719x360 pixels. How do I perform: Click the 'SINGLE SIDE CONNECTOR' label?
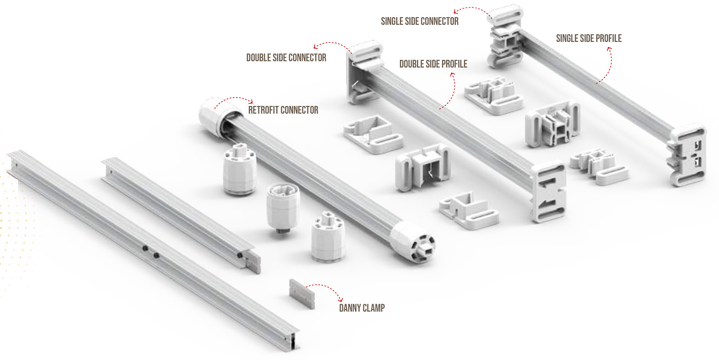tap(419, 21)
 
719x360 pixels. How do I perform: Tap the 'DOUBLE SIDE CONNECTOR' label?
tap(286, 58)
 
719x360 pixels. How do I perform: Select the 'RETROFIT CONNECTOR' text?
tap(283, 110)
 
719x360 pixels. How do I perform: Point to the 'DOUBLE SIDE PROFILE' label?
tap(433, 64)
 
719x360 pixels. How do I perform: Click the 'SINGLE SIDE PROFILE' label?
tap(589, 38)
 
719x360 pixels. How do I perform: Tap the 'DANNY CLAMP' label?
tap(362, 308)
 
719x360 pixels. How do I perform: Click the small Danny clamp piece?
tap(302, 293)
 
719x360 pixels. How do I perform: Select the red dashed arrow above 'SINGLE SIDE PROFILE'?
tap(607, 65)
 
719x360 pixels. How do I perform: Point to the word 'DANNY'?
tap(350, 308)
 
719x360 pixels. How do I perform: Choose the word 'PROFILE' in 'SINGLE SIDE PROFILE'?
tap(607, 38)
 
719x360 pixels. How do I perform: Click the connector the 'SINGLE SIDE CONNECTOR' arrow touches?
tap(506, 16)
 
